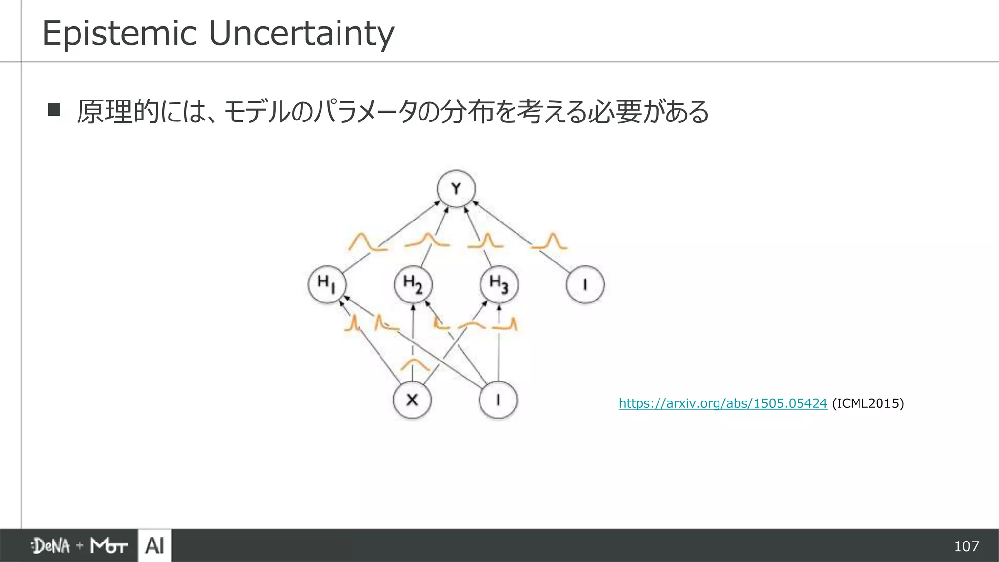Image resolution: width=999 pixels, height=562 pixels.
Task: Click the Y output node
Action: pos(456,188)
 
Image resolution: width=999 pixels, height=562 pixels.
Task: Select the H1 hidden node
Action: pos(327,284)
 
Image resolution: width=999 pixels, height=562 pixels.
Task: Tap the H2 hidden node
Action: pos(413,284)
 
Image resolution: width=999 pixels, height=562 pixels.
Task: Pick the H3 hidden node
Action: pos(499,284)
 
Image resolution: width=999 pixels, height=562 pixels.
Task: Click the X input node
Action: pos(412,400)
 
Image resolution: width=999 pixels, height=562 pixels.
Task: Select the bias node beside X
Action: pos(498,400)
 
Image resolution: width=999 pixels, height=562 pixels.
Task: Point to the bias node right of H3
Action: pos(585,284)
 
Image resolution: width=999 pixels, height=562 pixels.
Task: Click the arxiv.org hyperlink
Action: pos(723,403)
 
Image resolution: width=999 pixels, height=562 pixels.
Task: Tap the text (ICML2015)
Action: pos(868,403)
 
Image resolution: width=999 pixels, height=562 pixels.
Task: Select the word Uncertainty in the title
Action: pos(301,34)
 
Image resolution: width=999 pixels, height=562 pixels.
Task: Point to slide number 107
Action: pos(966,546)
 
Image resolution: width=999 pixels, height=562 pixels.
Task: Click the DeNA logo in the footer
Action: pos(51,546)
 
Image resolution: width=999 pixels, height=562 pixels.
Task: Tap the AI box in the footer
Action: pos(155,545)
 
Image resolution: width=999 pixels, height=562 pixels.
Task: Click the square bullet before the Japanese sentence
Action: pos(54,110)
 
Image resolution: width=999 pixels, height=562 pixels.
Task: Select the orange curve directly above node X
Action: pos(415,364)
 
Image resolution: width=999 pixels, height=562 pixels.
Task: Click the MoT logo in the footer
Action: pos(109,546)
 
